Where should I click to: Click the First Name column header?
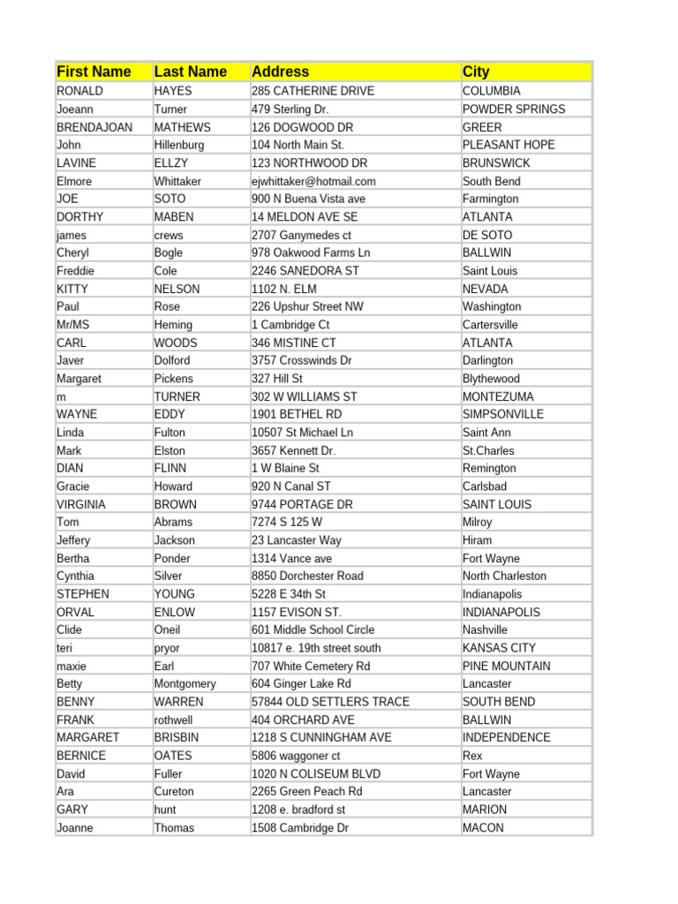(x=94, y=72)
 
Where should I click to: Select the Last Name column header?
(x=191, y=72)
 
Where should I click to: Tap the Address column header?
(x=281, y=72)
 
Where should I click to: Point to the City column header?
(x=476, y=72)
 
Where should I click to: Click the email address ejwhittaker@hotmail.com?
(x=313, y=181)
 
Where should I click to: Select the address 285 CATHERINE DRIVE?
(x=313, y=91)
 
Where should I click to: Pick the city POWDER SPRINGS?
(x=514, y=109)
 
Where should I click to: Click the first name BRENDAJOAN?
(x=94, y=127)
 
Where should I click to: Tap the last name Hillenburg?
(x=179, y=145)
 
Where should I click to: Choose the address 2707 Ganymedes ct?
(x=301, y=235)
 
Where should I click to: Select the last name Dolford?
(x=172, y=360)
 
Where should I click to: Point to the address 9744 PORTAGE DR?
(x=302, y=504)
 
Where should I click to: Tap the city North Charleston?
(x=504, y=576)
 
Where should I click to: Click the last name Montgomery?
(x=185, y=683)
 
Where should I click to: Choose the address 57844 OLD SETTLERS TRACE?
(x=330, y=702)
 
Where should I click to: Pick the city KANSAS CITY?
(x=500, y=648)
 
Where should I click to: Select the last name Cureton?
(x=174, y=791)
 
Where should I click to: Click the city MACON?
(x=483, y=827)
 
